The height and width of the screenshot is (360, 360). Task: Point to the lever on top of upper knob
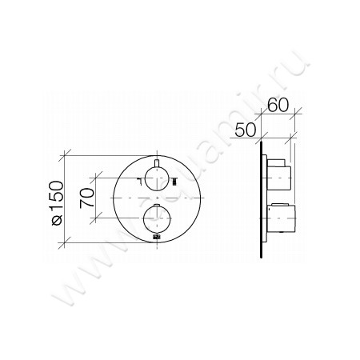(157, 165)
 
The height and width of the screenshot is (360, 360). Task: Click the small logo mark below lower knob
(157, 238)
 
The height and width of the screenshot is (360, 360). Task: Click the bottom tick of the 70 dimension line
(101, 218)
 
